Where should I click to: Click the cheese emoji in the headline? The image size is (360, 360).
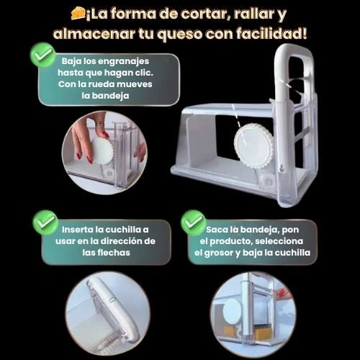[x=78, y=13]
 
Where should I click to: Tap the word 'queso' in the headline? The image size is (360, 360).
[x=180, y=34]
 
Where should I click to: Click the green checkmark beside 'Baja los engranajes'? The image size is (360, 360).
[x=43, y=55]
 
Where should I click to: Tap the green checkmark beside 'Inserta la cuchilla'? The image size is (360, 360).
[x=45, y=222]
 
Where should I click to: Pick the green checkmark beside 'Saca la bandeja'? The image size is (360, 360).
[x=194, y=222]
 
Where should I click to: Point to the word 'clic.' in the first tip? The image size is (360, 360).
[x=144, y=73]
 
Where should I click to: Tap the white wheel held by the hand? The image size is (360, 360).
[x=101, y=150]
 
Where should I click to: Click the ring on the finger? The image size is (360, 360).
[x=100, y=124]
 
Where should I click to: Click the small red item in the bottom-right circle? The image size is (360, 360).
[x=281, y=293]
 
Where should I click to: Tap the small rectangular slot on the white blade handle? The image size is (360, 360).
[x=112, y=300]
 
